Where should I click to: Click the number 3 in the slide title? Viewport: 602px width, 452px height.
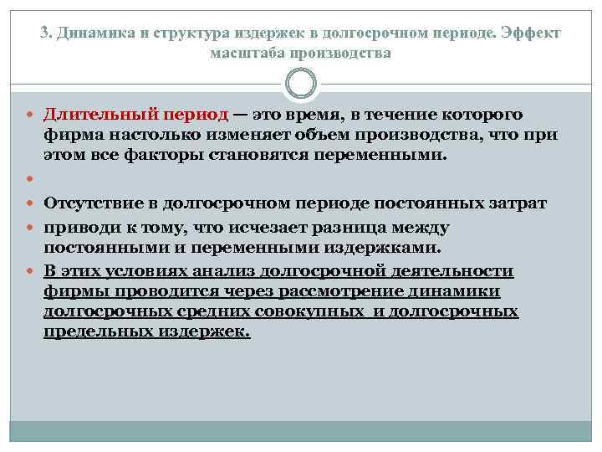pos(43,33)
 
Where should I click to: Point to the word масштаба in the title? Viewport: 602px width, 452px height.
pos(244,53)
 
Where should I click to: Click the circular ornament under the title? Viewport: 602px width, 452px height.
pos(301,84)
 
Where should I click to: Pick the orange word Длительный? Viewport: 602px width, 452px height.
pos(93,115)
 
